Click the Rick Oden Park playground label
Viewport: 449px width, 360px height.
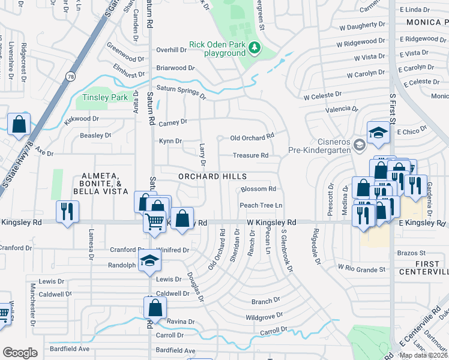pos(217,49)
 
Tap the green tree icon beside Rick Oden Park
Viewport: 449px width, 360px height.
pos(255,47)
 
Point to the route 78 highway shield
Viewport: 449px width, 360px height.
pos(71,76)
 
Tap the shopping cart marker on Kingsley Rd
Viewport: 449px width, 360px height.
pos(154,222)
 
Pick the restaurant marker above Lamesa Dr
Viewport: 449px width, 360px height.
pos(67,211)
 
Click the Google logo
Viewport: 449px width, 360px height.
pos(20,353)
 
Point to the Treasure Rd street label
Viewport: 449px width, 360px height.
pos(250,155)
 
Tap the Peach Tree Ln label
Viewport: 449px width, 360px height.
pos(261,205)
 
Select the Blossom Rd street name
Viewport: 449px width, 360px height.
pos(258,189)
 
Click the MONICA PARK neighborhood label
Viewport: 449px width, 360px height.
pos(427,22)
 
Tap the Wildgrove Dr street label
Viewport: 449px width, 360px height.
pos(264,316)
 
